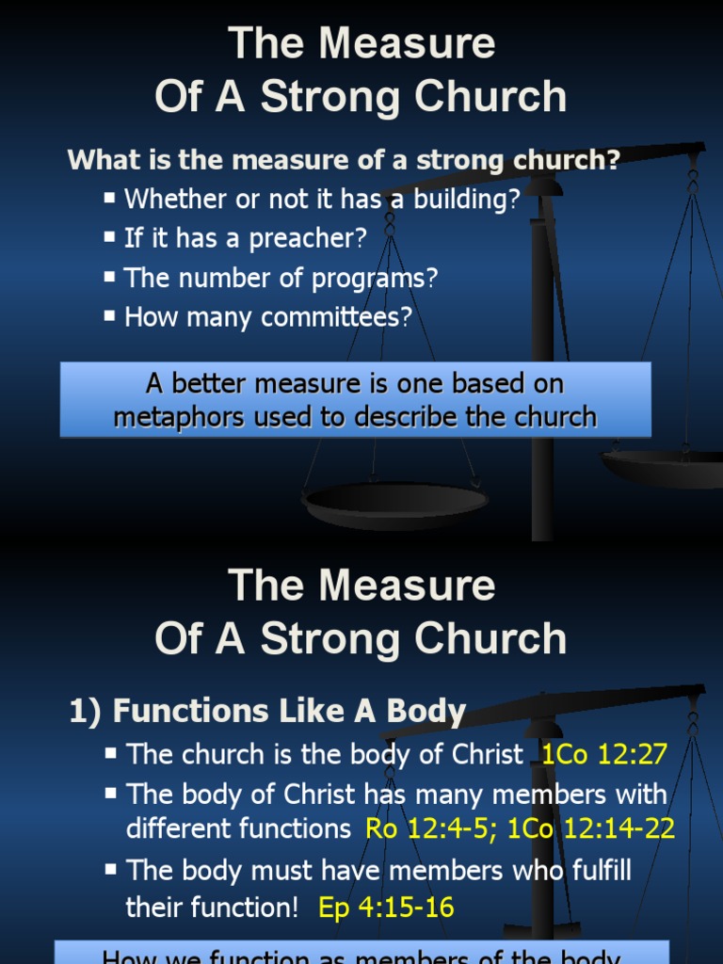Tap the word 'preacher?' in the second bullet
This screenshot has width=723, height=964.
307,239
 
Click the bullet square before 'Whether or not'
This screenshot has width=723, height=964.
111,198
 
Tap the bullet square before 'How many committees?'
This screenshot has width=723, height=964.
111,316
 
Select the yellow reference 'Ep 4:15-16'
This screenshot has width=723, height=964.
386,908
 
